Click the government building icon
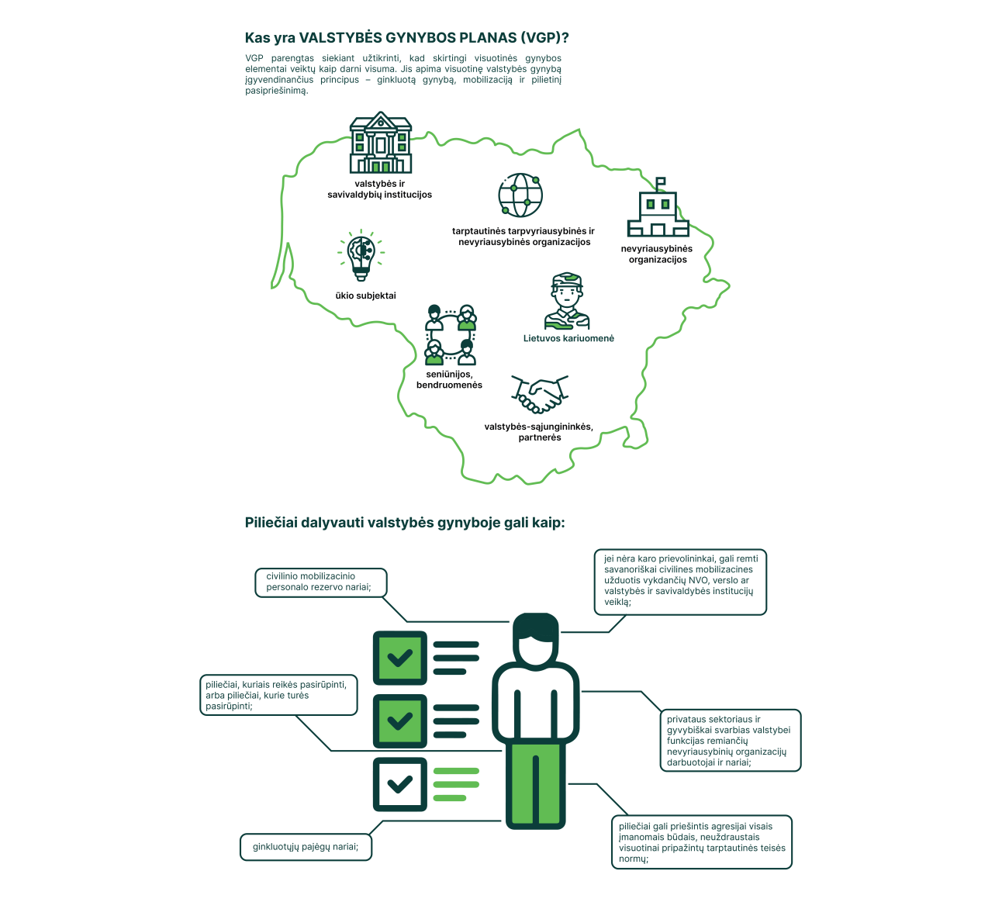(381, 143)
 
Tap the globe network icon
(520, 195)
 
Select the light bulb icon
(361, 255)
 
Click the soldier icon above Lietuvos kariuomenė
(567, 301)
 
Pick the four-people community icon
(450, 335)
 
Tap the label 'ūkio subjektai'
(365, 296)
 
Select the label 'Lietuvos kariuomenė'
(568, 338)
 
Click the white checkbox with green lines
(399, 784)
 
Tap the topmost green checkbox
(399, 658)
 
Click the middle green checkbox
(399, 721)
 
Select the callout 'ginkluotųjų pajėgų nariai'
(306, 846)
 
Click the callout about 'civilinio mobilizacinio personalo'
(320, 582)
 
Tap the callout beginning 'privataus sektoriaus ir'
(731, 741)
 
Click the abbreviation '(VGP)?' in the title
(544, 38)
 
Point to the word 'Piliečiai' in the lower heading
(271, 523)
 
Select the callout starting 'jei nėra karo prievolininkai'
(680, 582)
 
